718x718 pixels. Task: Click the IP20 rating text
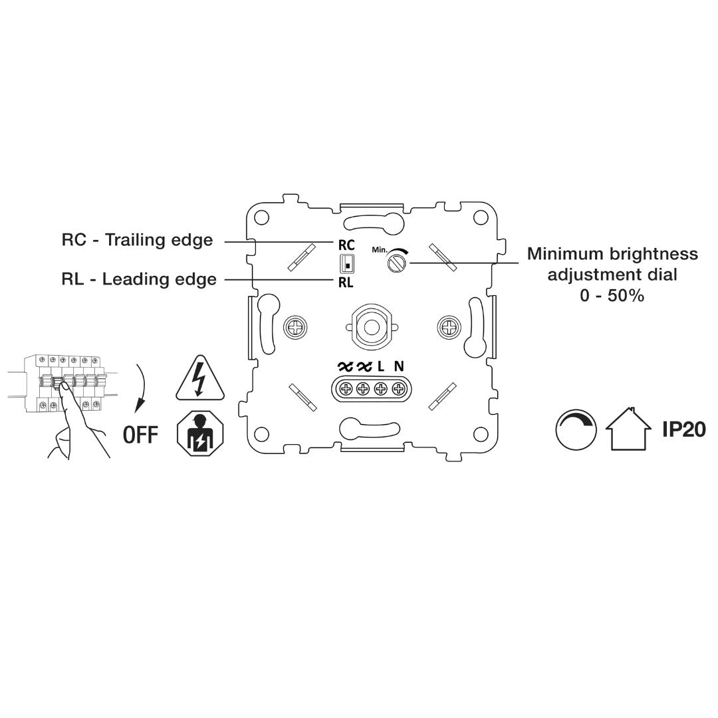684,429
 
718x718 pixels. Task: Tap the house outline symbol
628,428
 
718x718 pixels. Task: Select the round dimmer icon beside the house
576,429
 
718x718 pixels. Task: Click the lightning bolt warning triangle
200,378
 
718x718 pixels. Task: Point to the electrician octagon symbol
201,433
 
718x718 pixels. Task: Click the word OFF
140,435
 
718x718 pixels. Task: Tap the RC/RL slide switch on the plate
346,264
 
